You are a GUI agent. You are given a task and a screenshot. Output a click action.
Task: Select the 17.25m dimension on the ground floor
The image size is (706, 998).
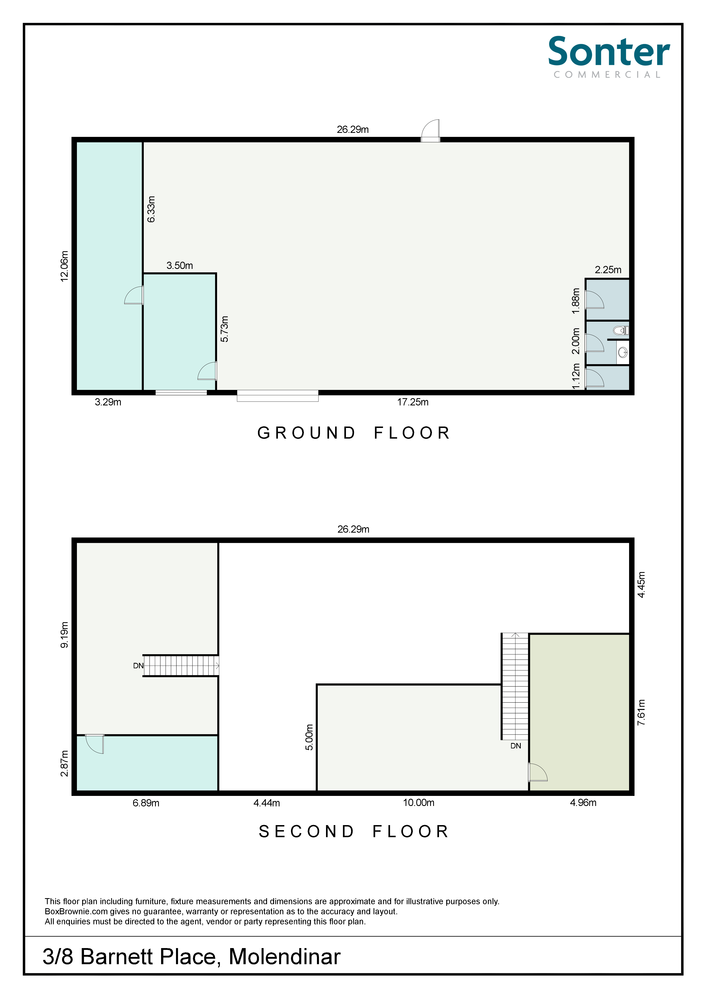[x=413, y=402]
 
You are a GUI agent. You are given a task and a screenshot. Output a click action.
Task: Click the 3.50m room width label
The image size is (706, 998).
[x=180, y=266]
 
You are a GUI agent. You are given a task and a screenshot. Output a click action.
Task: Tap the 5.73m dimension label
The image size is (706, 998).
[x=224, y=329]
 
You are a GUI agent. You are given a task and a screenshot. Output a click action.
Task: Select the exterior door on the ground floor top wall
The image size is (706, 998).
[x=430, y=130]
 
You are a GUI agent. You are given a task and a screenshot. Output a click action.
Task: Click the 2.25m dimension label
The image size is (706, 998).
[x=608, y=270]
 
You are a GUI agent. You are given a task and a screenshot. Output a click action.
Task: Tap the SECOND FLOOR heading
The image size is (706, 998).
[x=354, y=832]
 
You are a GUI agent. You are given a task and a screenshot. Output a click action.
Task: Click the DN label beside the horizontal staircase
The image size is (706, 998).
[x=138, y=666]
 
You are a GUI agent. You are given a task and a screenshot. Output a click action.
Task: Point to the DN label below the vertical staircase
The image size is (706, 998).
[x=516, y=746]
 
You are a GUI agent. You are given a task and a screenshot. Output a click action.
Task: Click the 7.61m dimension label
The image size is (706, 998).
[x=641, y=712]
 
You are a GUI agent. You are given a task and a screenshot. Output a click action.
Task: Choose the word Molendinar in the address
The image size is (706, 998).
[x=285, y=957]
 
